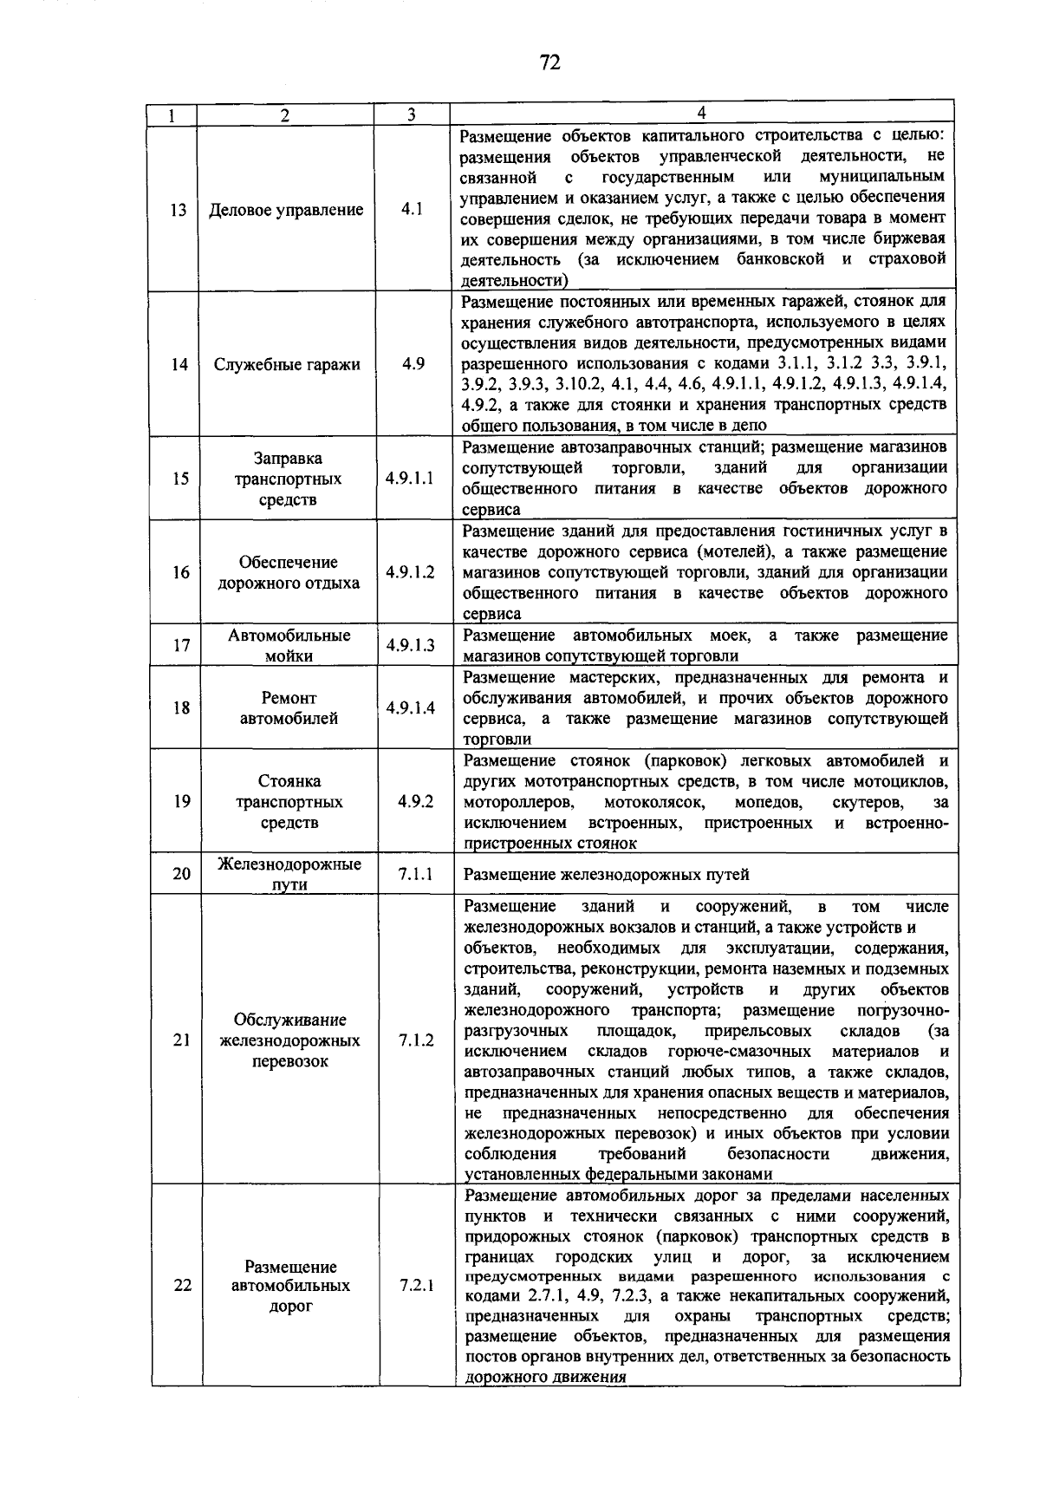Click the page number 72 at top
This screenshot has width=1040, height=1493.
[549, 62]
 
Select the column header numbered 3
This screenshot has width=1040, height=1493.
[411, 114]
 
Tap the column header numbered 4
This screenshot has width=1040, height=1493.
[702, 113]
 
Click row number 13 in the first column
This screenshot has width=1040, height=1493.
[178, 210]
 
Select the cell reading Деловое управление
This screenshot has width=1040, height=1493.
[286, 210]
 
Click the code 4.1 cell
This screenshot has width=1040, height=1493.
[412, 210]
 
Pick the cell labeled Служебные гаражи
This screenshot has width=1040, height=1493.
[287, 364]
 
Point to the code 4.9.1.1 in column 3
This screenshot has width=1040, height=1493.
[411, 479]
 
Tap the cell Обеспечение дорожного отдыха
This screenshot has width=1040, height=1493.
[288, 572]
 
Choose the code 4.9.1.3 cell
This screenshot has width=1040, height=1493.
[411, 645]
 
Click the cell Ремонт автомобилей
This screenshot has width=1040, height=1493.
[289, 707]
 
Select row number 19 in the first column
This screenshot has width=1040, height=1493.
[181, 801]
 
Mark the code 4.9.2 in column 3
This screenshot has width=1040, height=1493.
[415, 801]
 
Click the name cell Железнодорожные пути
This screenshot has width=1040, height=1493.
[289, 874]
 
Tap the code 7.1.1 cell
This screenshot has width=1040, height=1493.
[415, 874]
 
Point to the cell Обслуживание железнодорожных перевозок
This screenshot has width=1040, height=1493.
[289, 1040]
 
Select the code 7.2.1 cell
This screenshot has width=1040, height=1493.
[416, 1285]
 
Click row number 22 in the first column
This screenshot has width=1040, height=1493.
[182, 1285]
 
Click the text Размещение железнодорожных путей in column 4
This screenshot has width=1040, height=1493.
[606, 875]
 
